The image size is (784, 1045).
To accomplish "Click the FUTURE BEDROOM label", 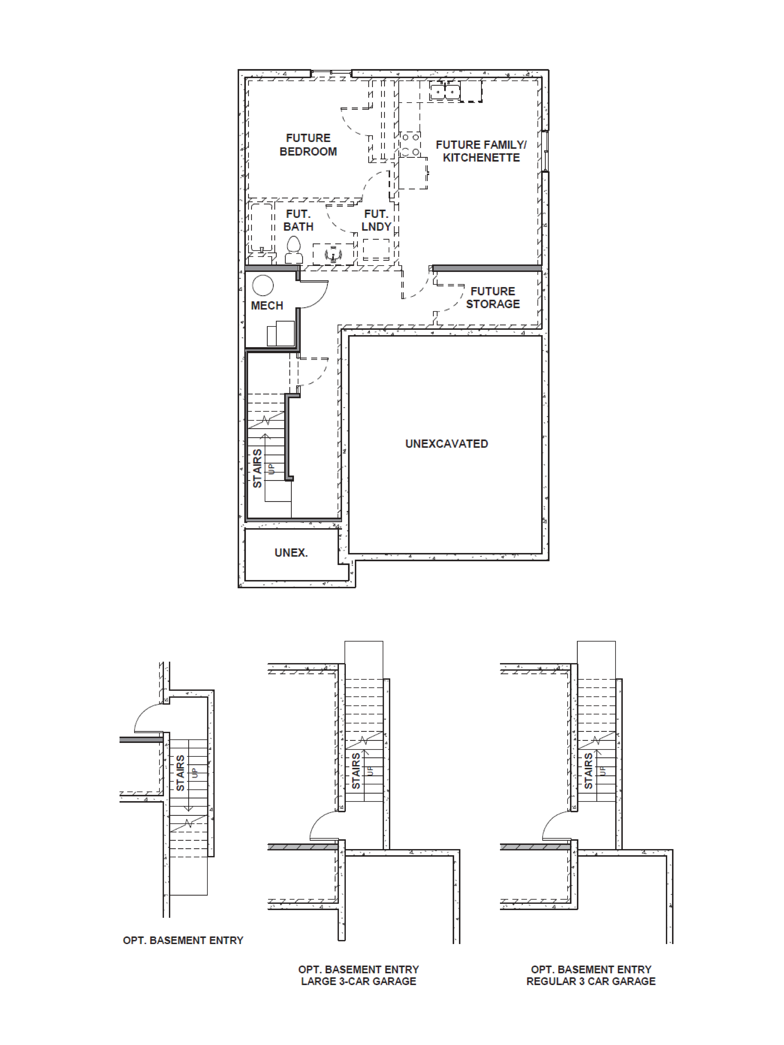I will [x=308, y=145].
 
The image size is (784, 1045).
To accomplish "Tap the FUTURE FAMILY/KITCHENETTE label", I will [x=481, y=151].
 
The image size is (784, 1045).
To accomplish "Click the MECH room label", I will [x=267, y=306].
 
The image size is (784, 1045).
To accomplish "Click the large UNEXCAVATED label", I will [x=447, y=444].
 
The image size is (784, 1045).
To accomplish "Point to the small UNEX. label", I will [x=291, y=552].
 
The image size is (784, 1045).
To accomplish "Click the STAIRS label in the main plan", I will [x=257, y=468].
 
